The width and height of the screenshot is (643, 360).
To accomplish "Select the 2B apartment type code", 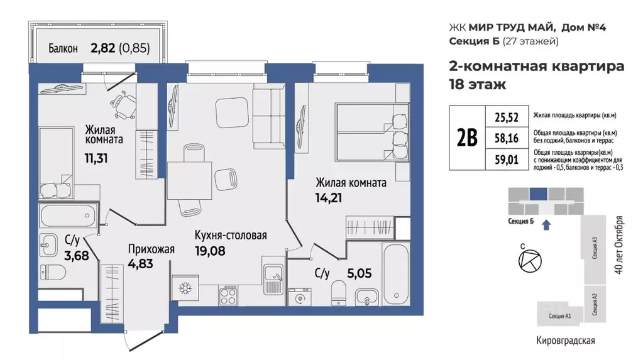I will coord(466,137).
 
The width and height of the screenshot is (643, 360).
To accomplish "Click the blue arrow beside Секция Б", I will coord(546,222).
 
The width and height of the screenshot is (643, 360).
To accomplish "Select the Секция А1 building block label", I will coord(559,316).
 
